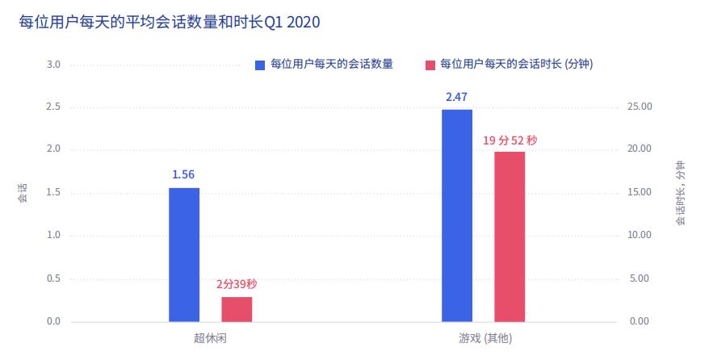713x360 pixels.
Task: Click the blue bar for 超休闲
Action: click(184, 254)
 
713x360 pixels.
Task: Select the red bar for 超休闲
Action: click(237, 309)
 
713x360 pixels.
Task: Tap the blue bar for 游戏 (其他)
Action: click(457, 216)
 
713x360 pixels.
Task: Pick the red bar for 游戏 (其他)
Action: click(510, 237)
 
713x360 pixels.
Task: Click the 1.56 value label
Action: click(183, 174)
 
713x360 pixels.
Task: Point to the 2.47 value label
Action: click(457, 97)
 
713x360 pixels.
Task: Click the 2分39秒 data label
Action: click(237, 284)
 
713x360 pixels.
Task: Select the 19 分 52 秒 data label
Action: click(510, 140)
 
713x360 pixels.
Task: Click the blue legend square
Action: click(260, 65)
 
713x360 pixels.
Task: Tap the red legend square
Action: click(430, 65)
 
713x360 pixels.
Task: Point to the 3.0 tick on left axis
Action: click(54, 65)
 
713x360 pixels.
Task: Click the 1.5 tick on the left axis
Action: click(54, 193)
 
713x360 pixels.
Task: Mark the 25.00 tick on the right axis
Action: click(640, 107)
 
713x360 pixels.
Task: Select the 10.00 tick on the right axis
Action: click(640, 236)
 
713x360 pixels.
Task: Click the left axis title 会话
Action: click(23, 193)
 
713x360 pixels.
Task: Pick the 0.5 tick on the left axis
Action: click(54, 278)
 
